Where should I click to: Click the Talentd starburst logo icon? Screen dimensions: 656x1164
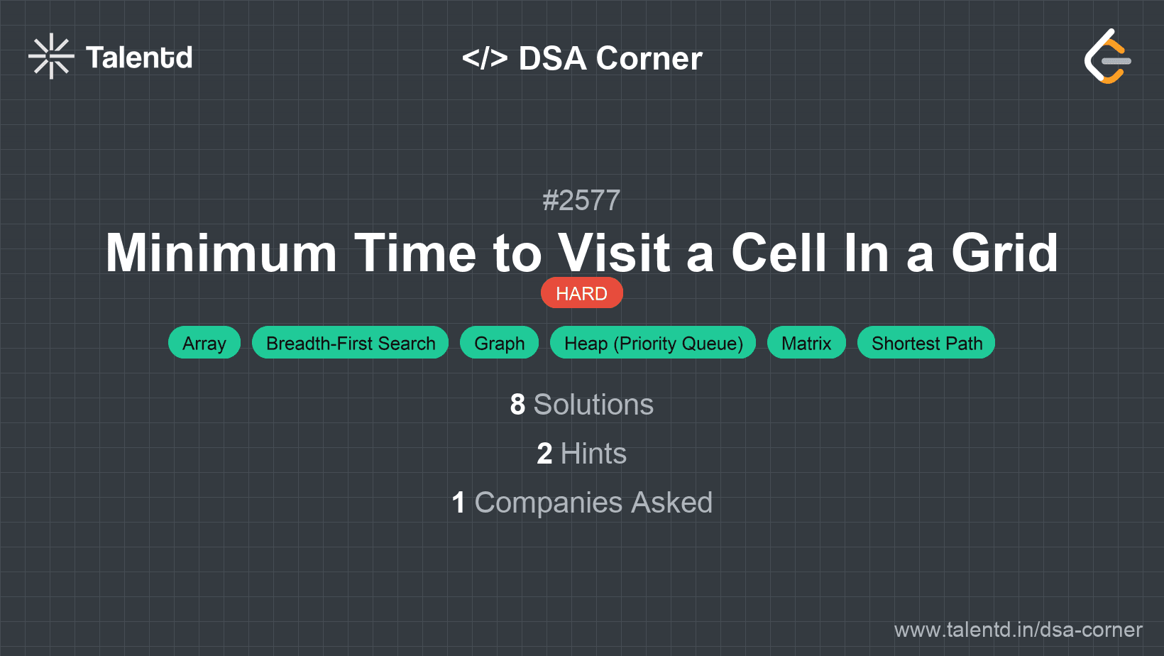[x=51, y=56]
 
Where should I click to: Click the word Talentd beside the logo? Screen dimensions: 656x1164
[x=139, y=58]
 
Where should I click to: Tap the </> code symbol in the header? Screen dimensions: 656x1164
[x=485, y=58]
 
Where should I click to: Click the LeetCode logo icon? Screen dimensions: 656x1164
[x=1108, y=56]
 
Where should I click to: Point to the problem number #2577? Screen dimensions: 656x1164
[x=581, y=200]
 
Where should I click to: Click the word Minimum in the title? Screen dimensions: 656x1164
[x=221, y=253]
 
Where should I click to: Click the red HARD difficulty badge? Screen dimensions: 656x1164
[x=581, y=293]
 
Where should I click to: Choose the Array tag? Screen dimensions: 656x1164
[x=204, y=343]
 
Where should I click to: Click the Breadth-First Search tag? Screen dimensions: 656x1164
[x=351, y=343]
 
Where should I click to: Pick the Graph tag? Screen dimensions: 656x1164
[x=500, y=343]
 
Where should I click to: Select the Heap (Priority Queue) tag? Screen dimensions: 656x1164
[x=653, y=343]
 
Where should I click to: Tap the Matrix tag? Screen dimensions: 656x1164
[x=806, y=343]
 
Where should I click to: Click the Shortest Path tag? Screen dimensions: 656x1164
[x=926, y=343]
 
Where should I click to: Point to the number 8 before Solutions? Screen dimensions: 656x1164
[x=517, y=405]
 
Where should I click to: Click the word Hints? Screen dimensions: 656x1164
[x=593, y=454]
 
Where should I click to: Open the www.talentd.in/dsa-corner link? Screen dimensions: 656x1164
[x=1018, y=630]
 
